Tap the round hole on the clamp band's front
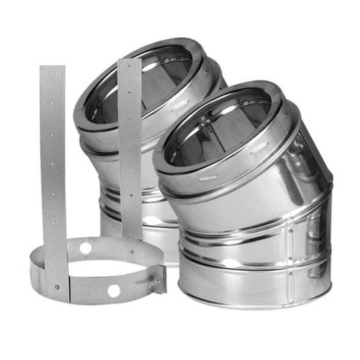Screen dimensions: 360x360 coord(113,290)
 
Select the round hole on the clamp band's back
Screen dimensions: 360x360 coord(85,248)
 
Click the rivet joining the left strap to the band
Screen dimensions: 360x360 coord(57,286)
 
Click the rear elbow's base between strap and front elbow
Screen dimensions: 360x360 coord(159,223)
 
